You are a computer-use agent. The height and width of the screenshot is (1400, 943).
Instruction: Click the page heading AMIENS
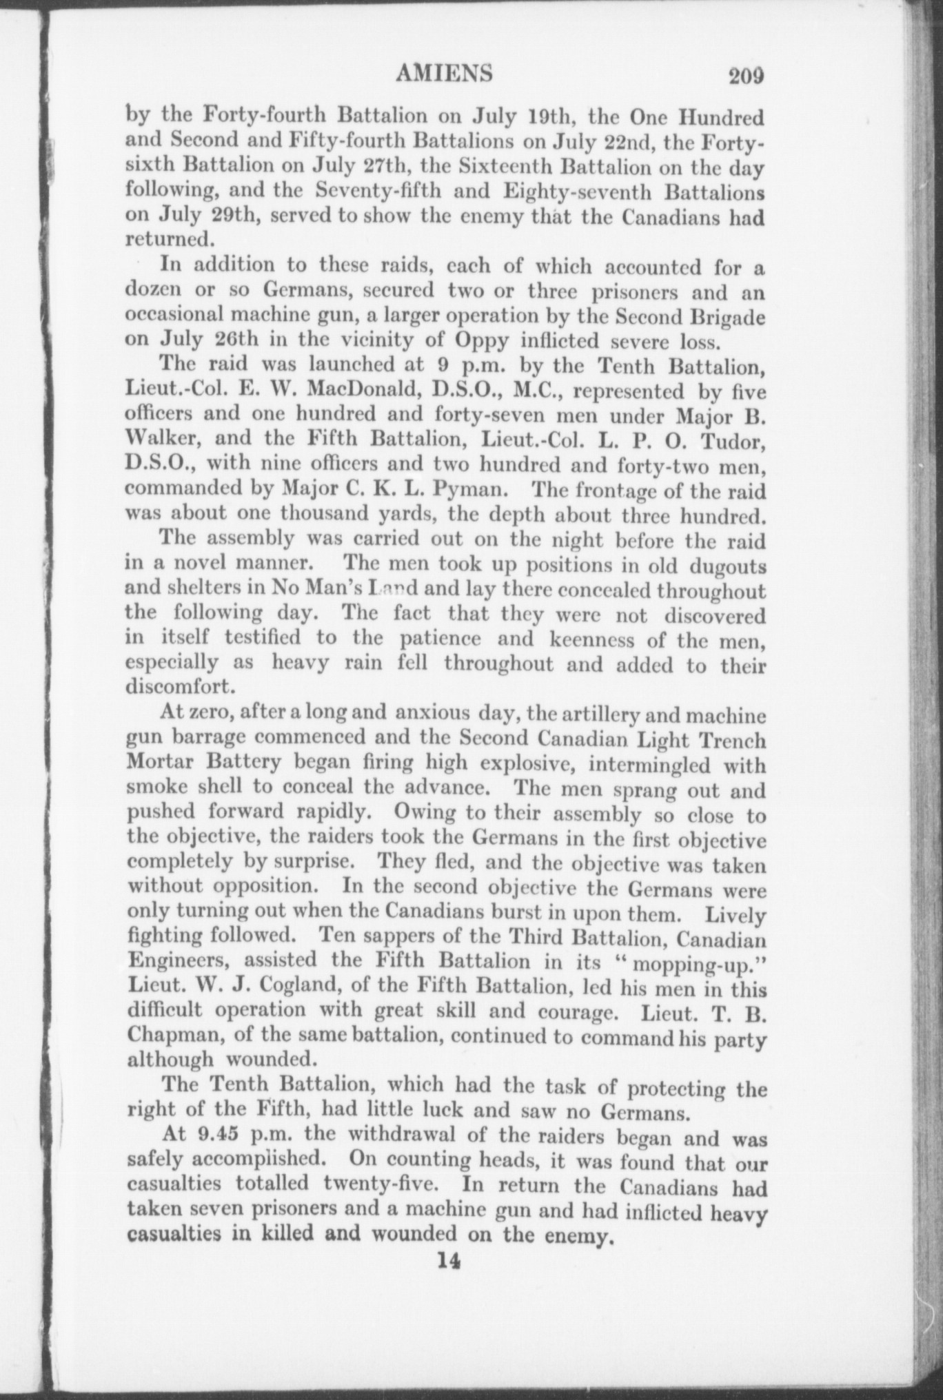(x=445, y=72)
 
